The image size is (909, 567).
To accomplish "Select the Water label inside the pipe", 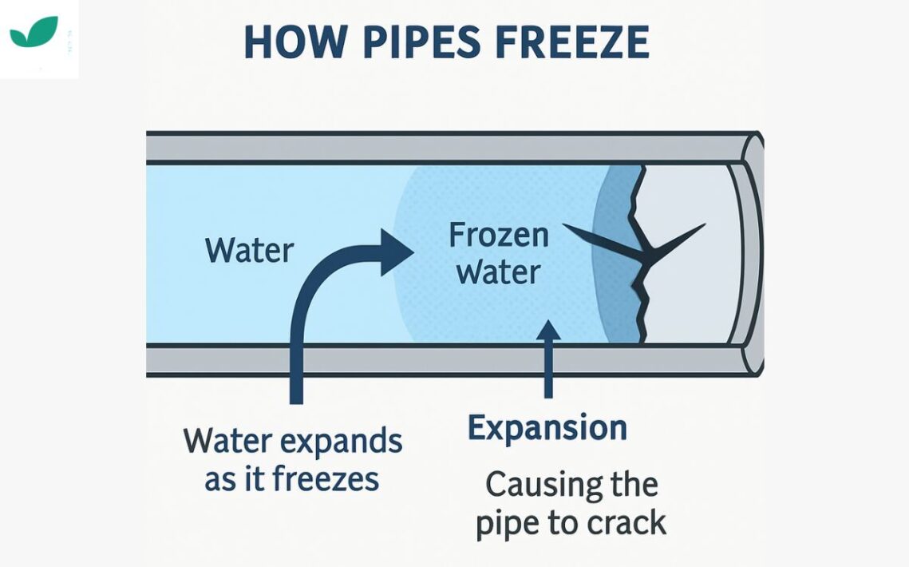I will (250, 251).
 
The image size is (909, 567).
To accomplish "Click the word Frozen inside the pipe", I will (498, 236).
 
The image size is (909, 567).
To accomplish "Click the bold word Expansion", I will (547, 428).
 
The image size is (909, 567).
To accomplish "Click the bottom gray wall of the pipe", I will (447, 359).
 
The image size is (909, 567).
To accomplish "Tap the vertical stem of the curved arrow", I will (297, 351).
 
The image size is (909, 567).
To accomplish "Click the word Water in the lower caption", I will (227, 441).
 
